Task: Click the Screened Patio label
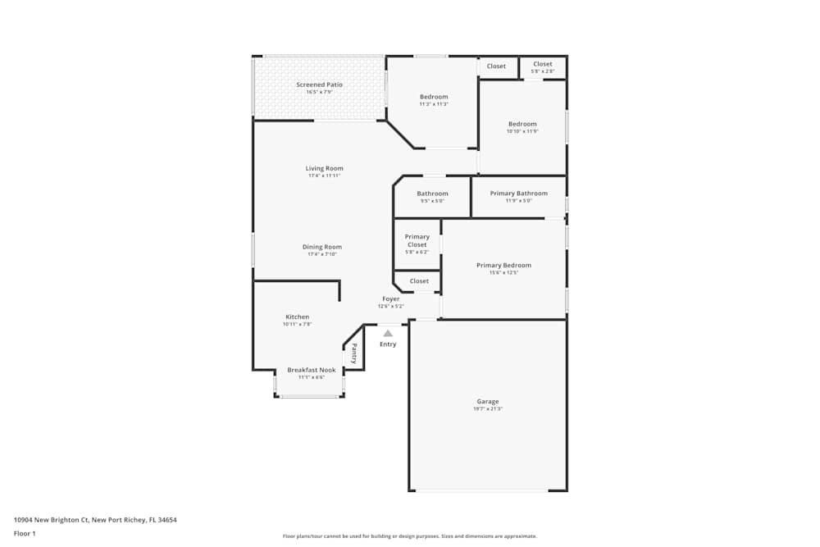point(319,84)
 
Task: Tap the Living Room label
point(324,168)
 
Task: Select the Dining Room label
point(321,247)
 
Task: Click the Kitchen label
point(297,317)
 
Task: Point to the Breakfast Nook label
point(311,370)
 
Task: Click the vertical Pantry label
point(354,353)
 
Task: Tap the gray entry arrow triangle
point(388,333)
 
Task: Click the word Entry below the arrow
point(388,344)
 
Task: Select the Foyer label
point(391,299)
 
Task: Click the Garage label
point(487,401)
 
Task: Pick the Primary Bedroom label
point(503,265)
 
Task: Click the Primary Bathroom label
point(518,194)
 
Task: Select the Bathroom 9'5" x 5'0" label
point(432,194)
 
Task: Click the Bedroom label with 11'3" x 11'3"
point(434,97)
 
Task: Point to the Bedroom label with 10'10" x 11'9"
point(522,124)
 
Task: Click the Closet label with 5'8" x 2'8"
point(543,64)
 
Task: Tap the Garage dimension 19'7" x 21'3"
point(487,408)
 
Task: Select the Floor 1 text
point(25,533)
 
